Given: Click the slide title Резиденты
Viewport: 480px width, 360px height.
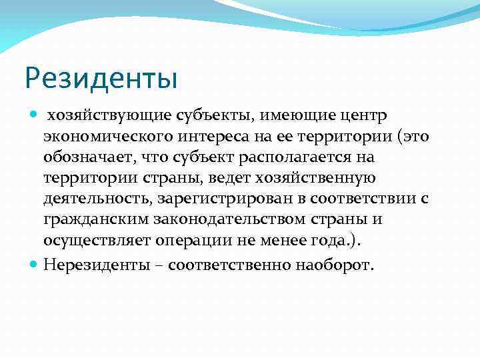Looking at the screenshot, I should coord(101,79).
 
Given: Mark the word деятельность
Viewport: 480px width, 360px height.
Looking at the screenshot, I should coord(98,198).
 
